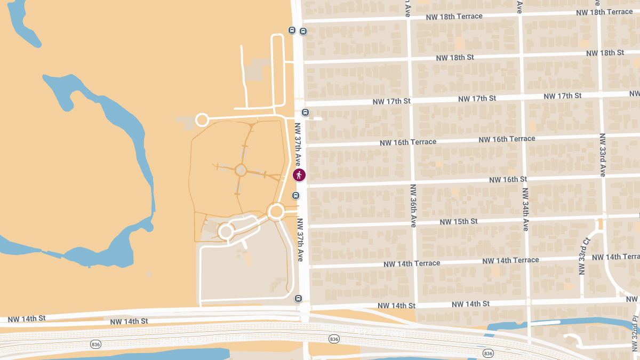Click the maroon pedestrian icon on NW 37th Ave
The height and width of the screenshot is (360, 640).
click(x=299, y=174)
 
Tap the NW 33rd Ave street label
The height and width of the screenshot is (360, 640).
click(x=602, y=155)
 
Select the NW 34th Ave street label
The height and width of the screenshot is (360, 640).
click(x=525, y=209)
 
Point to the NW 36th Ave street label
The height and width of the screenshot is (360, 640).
click(x=413, y=206)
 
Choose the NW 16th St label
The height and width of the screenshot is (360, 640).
click(x=508, y=179)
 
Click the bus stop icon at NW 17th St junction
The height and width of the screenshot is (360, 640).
click(x=305, y=113)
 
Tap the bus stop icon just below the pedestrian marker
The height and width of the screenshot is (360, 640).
click(x=295, y=196)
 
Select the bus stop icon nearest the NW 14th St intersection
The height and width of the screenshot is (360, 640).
click(x=298, y=299)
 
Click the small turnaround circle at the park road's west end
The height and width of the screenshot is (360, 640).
click(x=202, y=119)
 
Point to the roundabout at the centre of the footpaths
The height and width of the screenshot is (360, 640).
click(x=241, y=170)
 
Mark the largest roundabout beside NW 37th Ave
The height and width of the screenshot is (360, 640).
click(x=276, y=212)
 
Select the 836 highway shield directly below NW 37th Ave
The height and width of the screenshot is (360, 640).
click(x=334, y=339)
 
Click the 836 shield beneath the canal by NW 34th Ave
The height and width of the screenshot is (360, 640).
click(x=487, y=354)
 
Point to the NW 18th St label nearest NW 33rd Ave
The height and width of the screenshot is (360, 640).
click(x=605, y=53)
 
